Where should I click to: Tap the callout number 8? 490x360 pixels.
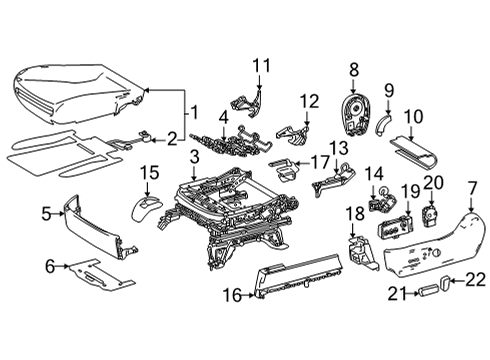(x=352, y=69)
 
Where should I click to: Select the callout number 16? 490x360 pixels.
(x=231, y=295)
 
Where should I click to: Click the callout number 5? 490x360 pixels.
(x=45, y=212)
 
